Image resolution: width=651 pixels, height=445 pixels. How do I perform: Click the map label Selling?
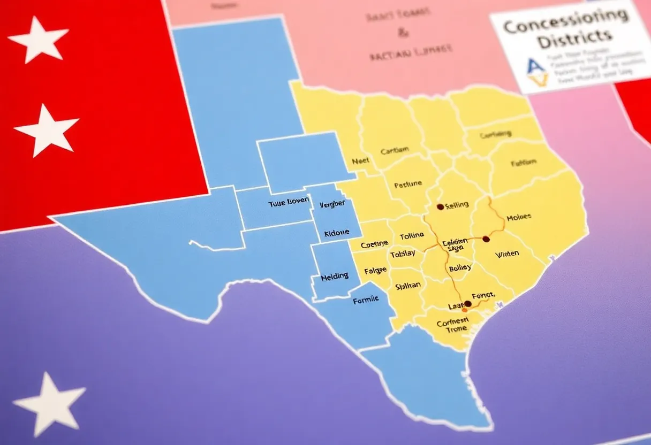click(x=457, y=204)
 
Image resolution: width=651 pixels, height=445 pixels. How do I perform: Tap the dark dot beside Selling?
click(x=440, y=206)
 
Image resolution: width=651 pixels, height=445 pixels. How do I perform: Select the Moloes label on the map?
click(x=518, y=217)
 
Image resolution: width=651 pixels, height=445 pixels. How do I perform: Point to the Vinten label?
click(x=507, y=254)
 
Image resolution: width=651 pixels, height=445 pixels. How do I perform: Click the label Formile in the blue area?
click(x=366, y=300)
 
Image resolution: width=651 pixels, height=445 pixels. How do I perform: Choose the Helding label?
click(x=334, y=277)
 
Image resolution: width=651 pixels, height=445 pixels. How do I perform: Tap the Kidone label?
click(x=336, y=233)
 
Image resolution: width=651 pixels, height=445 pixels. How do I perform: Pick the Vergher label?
click(x=332, y=204)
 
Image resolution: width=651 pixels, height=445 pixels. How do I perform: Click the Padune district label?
click(x=408, y=185)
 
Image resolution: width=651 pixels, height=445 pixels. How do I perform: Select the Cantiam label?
click(x=395, y=151)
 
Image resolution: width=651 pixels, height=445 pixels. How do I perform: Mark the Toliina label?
click(x=412, y=235)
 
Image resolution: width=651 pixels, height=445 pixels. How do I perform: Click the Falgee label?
click(x=375, y=271)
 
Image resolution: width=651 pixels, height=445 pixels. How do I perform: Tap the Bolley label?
click(x=460, y=267)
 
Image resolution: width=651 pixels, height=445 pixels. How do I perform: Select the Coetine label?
click(x=374, y=244)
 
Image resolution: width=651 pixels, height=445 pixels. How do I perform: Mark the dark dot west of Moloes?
click(x=486, y=239)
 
